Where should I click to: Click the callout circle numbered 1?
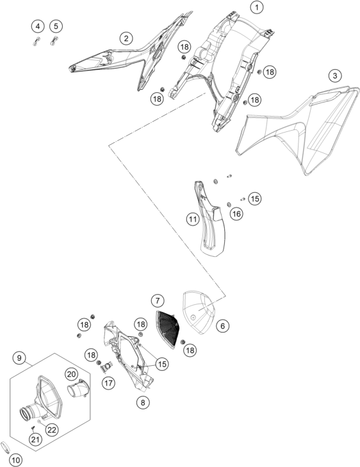point(257,7)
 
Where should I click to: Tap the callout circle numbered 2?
point(127,38)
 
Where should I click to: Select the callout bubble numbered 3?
point(335,76)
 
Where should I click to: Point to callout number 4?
point(38,26)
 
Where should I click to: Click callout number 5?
point(56,26)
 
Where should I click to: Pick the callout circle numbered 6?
point(223,326)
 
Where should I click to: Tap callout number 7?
point(158,300)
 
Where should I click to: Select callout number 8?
point(143,403)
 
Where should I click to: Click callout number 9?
point(19,357)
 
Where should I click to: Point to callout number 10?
point(16,460)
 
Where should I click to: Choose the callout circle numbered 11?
point(193,220)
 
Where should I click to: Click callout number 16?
point(236,213)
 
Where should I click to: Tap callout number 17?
point(108,382)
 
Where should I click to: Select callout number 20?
point(71,373)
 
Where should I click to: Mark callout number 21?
point(35,439)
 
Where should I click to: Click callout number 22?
point(52,429)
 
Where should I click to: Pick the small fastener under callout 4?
point(36,41)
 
